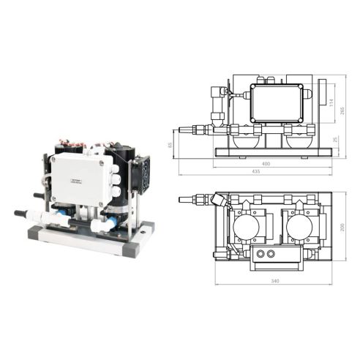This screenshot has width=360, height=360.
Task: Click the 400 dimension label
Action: (266, 164)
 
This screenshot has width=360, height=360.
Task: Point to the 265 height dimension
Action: (342, 110)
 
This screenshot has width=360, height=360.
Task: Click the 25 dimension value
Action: (336, 140)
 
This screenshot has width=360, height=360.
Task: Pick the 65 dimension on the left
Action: (170, 144)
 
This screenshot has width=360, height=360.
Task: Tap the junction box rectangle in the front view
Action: (275, 102)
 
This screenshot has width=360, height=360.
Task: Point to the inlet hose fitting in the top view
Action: (195, 198)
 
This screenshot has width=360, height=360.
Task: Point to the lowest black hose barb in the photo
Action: (22, 214)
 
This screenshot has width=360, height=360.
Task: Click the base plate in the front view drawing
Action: (272, 152)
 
